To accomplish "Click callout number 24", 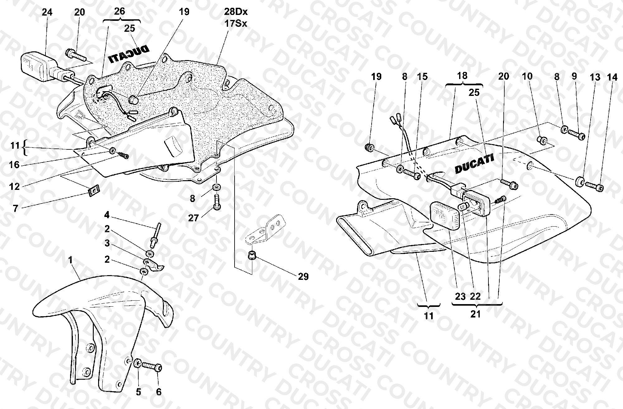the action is [47, 12].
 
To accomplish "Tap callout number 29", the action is [303, 276].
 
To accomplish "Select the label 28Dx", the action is [235, 12].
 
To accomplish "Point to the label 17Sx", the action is [235, 23].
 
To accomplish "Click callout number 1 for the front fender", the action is [71, 260].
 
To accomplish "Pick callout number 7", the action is [16, 208].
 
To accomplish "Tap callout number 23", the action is [460, 296].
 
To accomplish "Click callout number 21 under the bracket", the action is [475, 314].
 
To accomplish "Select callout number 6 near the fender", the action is [159, 392].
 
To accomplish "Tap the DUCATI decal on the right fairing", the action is [474, 165].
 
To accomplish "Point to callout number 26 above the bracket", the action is [119, 12].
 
